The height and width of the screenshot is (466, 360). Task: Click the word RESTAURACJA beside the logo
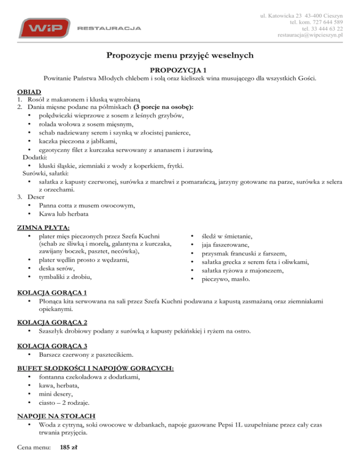108,28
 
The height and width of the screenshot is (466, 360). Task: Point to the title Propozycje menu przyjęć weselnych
180,56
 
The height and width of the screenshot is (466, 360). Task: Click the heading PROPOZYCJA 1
180,69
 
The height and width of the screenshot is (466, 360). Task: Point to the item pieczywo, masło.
226,280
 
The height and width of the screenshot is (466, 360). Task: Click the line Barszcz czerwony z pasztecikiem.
89,356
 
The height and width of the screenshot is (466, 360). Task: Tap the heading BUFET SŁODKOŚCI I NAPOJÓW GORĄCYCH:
96,369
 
